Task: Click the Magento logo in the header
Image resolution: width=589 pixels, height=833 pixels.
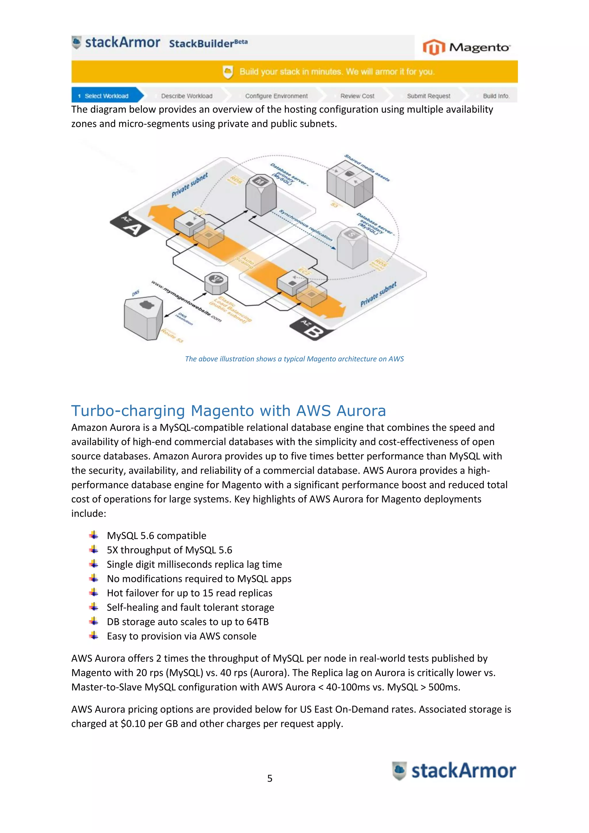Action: [x=466, y=47]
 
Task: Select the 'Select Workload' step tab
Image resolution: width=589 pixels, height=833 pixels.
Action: [x=106, y=96]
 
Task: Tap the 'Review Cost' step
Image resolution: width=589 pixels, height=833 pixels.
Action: [x=357, y=96]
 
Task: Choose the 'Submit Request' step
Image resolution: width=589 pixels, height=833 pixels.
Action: [x=428, y=96]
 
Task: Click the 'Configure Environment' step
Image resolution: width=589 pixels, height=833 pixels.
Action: [x=276, y=96]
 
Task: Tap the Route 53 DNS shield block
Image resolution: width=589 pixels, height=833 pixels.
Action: [x=143, y=318]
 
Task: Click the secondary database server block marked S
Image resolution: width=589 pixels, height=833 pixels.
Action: [x=352, y=247]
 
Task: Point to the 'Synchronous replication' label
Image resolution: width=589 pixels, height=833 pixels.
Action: [x=305, y=225]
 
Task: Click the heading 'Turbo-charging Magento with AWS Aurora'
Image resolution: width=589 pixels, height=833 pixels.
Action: [x=228, y=411]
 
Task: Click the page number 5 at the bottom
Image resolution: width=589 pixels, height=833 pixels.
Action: [x=269, y=778]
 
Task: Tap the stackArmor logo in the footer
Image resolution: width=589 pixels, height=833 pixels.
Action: [x=454, y=771]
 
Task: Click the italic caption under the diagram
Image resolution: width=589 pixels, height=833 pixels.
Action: [x=294, y=359]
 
